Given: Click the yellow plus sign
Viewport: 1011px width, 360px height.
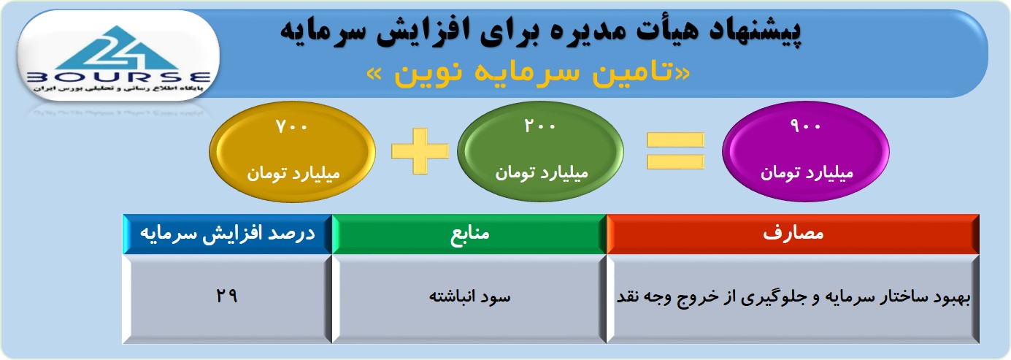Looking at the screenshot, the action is pyautogui.click(x=420, y=151).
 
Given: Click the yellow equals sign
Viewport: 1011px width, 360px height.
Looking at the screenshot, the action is pyautogui.click(x=675, y=151).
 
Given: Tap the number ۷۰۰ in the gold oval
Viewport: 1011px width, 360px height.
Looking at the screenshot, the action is pyautogui.click(x=291, y=126).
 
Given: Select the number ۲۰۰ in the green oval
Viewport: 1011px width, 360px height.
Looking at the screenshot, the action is pyautogui.click(x=539, y=126).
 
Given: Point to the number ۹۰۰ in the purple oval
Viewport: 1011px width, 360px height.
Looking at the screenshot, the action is pyautogui.click(x=805, y=126).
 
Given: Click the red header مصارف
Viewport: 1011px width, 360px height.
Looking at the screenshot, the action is pyautogui.click(x=793, y=234).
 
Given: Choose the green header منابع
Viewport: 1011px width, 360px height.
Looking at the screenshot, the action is pyautogui.click(x=469, y=234).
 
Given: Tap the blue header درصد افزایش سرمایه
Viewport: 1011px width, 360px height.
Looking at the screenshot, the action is pyautogui.click(x=228, y=234).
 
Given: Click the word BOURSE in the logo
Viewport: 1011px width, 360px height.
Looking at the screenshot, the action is pyautogui.click(x=118, y=77).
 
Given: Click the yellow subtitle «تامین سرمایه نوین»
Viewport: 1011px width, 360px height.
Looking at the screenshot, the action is pyautogui.click(x=528, y=73).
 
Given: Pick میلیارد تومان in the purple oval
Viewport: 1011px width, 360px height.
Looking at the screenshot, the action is pyautogui.click(x=807, y=173).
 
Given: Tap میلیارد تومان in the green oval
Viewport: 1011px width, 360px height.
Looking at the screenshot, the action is pyautogui.click(x=542, y=173).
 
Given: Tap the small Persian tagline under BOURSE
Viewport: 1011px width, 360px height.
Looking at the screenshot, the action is pyautogui.click(x=118, y=89).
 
